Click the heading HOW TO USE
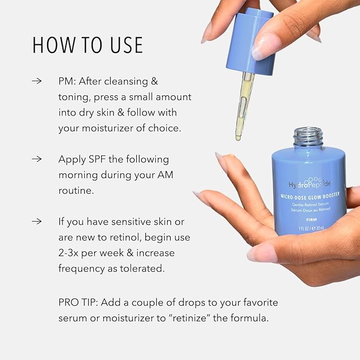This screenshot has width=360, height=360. [x=88, y=45]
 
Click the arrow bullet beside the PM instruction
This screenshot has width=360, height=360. [x=37, y=82]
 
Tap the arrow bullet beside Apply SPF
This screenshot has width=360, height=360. [x=37, y=159]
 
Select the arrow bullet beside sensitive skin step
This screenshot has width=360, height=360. [x=37, y=221]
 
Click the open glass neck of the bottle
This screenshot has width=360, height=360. [x=308, y=136]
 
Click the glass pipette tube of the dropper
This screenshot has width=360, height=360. [x=244, y=101]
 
